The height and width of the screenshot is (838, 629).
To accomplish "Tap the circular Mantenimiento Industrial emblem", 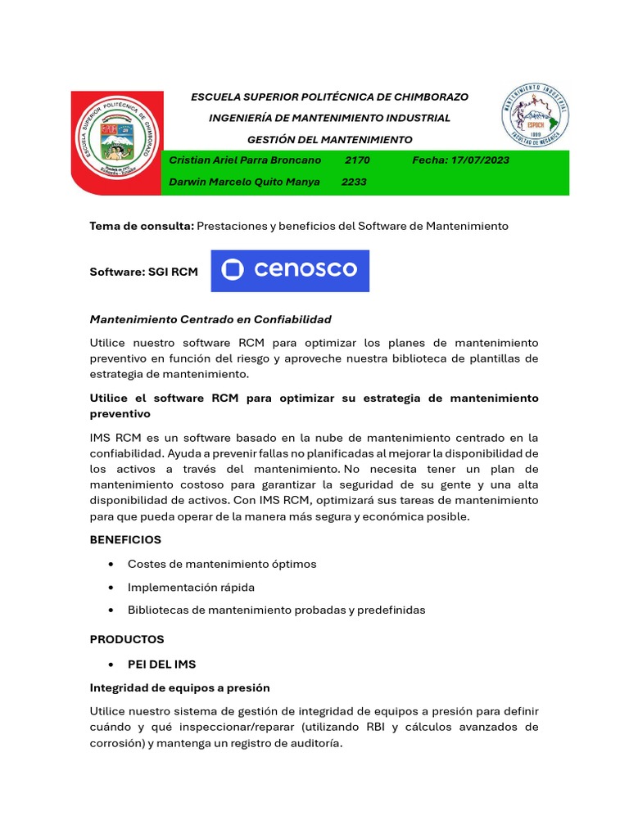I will (535, 115).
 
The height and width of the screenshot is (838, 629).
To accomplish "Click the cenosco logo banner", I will (290, 270).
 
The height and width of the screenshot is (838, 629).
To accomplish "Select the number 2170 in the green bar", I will (357, 160).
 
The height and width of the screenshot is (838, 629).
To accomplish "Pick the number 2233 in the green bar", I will (354, 182).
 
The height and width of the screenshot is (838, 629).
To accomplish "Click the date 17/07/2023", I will (479, 160).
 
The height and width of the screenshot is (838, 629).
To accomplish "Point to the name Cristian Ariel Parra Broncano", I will (245, 160).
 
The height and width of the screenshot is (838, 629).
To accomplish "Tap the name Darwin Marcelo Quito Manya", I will (244, 182).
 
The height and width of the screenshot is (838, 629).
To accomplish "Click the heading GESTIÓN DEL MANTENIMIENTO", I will (330, 140).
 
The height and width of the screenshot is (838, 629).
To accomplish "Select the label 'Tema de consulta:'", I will (142, 226).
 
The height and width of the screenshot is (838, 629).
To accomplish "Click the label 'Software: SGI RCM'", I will (143, 272).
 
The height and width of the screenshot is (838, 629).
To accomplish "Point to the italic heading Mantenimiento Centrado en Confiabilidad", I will (210, 319).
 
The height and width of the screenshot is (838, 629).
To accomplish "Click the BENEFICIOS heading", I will (125, 540).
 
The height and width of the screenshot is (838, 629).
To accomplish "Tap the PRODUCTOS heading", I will (127, 639).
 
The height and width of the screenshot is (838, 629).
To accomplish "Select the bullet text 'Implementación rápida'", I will (191, 588).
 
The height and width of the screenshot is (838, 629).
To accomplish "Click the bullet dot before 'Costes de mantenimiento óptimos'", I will (110, 565).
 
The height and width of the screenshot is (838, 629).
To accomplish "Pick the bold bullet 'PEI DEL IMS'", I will (161, 665).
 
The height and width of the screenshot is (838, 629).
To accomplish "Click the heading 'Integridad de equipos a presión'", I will (179, 688).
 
